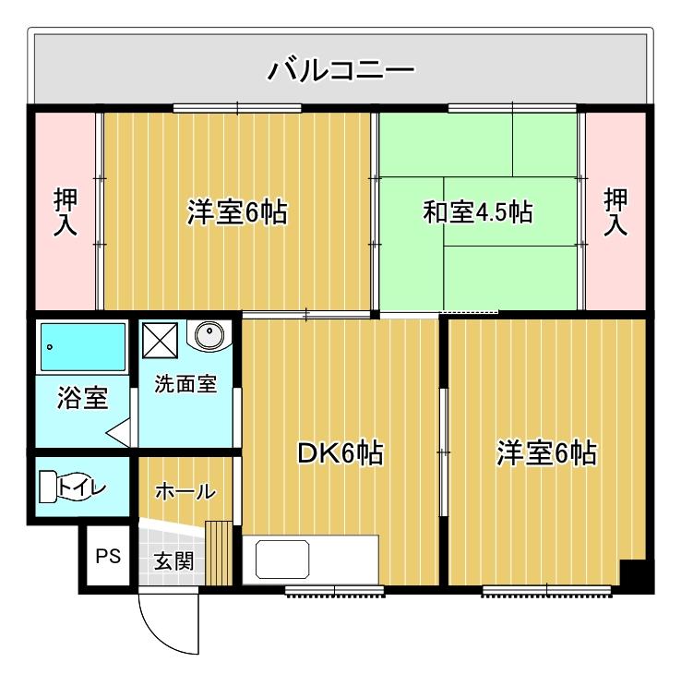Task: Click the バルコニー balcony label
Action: tap(340, 70)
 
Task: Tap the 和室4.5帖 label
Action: tap(477, 213)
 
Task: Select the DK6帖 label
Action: tap(340, 453)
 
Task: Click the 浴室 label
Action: tap(81, 399)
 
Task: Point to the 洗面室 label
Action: tap(185, 383)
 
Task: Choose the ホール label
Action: tap(185, 491)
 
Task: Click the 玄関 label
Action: tap(173, 560)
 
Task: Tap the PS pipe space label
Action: tap(109, 557)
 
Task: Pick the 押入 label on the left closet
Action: tap(66, 213)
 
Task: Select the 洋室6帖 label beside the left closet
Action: tap(236, 213)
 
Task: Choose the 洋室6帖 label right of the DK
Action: tap(546, 453)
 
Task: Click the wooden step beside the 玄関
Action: tap(220, 553)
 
